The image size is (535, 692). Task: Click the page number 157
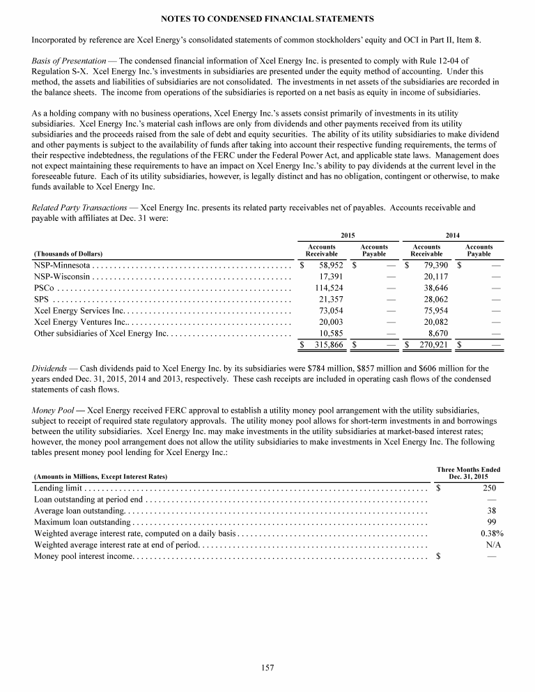coord(267,668)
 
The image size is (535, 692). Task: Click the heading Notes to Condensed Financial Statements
coord(267,17)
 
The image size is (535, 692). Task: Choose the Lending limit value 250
coord(488,488)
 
